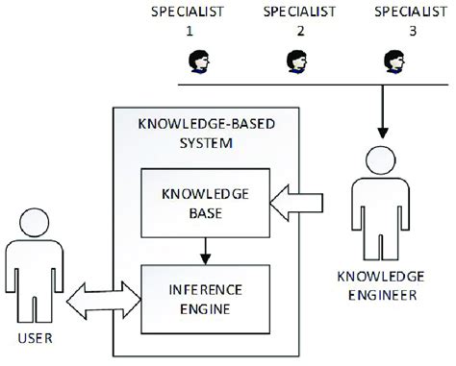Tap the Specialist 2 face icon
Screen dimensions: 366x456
point(295,62)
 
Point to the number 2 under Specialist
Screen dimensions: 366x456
point(300,32)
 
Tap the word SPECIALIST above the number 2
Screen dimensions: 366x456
point(300,12)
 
